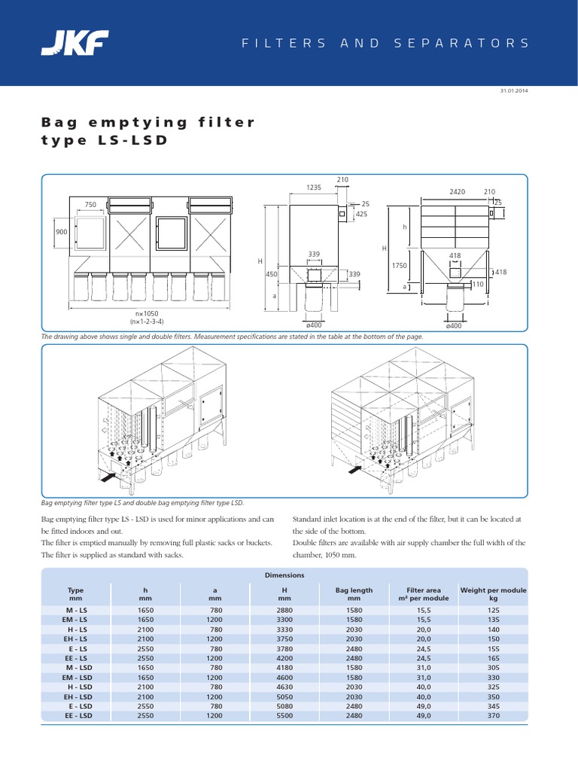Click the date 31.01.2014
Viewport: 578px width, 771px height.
(514, 90)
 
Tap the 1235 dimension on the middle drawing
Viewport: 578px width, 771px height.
(313, 187)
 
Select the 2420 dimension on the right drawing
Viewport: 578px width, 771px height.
(458, 192)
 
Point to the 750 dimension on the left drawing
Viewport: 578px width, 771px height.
(90, 204)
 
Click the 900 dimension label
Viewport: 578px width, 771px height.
(62, 232)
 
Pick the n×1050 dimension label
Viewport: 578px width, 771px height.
(148, 312)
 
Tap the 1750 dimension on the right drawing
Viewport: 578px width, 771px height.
(399, 265)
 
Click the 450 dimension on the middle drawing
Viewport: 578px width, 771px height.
(272, 274)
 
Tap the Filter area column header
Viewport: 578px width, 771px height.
(423, 595)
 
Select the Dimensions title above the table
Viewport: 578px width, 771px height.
(284, 574)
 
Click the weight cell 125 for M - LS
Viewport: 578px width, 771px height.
(493, 609)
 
